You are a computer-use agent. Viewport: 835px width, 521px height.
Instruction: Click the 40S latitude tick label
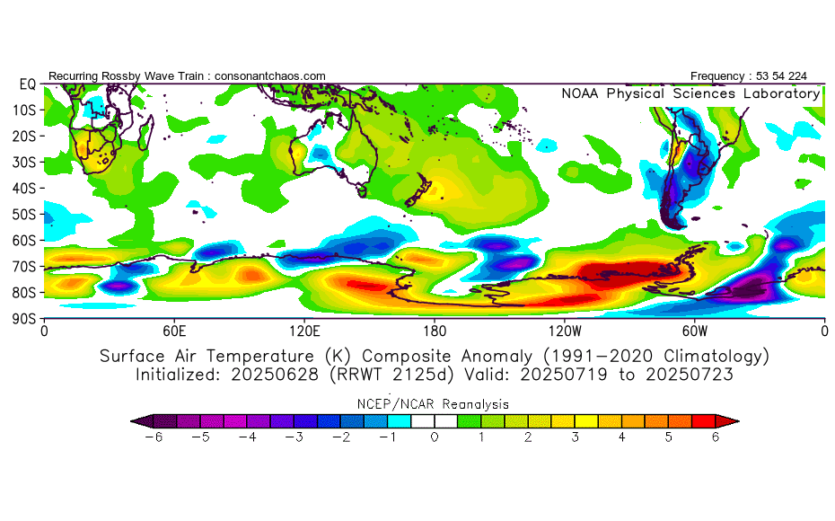click(23, 188)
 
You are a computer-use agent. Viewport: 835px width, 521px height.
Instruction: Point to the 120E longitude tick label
click(304, 330)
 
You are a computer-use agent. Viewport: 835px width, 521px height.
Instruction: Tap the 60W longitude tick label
click(695, 330)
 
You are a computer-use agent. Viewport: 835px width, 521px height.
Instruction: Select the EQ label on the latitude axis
click(27, 84)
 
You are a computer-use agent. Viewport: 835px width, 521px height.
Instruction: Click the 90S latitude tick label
click(23, 318)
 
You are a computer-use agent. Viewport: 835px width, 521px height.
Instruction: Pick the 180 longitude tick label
click(435, 330)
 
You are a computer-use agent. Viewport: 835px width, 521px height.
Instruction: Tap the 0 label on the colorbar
click(435, 437)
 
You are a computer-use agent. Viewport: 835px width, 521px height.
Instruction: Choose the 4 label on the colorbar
click(621, 437)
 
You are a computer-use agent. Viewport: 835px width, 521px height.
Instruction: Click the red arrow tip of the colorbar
click(731, 420)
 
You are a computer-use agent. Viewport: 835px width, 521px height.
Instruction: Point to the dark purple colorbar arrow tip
click(138, 420)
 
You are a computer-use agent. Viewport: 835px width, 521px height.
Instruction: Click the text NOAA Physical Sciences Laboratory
click(690, 93)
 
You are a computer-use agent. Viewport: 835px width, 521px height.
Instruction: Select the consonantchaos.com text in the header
click(270, 76)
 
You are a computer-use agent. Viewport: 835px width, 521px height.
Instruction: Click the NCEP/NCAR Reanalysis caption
click(435, 404)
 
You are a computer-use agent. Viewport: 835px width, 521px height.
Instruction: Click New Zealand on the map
click(420, 194)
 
